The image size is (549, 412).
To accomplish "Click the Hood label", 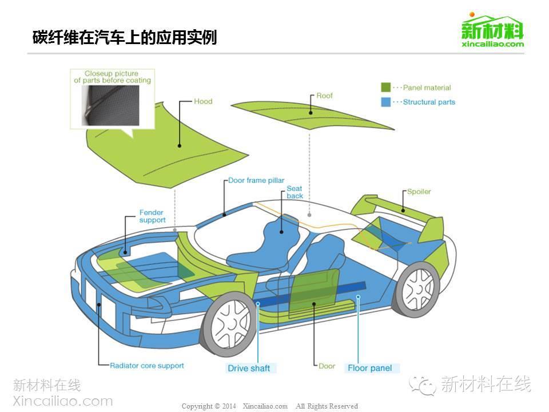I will click(203, 101).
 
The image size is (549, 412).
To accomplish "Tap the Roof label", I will click(324, 96).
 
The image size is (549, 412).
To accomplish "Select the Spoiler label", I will click(419, 192).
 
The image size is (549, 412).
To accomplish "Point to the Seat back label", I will click(295, 192).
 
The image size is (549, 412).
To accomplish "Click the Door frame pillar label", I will click(256, 180).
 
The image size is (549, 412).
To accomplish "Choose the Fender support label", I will click(152, 216).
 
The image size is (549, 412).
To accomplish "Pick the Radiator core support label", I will click(147, 365).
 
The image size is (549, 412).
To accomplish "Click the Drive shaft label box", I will click(249, 368).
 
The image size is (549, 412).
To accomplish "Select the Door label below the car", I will click(327, 366).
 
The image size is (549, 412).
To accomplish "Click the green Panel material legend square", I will click(386, 88).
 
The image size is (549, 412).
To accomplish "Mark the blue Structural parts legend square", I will click(386, 102).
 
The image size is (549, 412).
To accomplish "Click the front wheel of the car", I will click(230, 324).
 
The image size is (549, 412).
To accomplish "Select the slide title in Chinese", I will click(125, 38).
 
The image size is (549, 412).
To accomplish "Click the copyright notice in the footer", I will click(269, 406).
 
